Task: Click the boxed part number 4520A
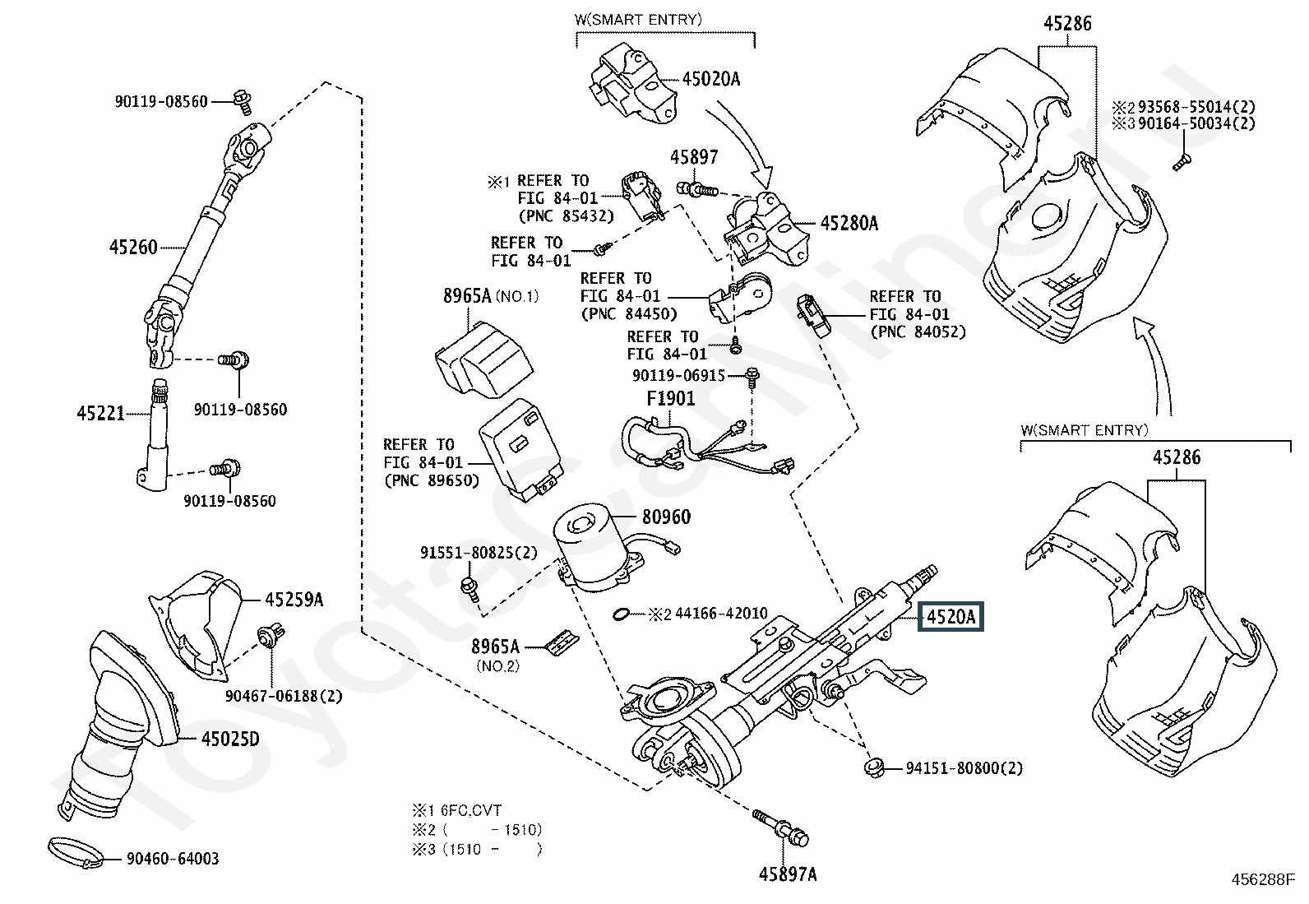pos(951,616)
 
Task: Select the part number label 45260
pos(133,246)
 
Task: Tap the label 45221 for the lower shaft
pos(100,413)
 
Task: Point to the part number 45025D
pos(230,739)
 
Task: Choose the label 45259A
pos(294,600)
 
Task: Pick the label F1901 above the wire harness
pos(670,399)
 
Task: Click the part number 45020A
pos(710,79)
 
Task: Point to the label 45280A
pos(849,223)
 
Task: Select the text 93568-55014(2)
pos(1196,107)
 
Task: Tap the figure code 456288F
pos(1263,879)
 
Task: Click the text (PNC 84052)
pos(918,331)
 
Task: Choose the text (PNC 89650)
pos(431,480)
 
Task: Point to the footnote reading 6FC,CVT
pos(472,810)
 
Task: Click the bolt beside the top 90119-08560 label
pos(242,100)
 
